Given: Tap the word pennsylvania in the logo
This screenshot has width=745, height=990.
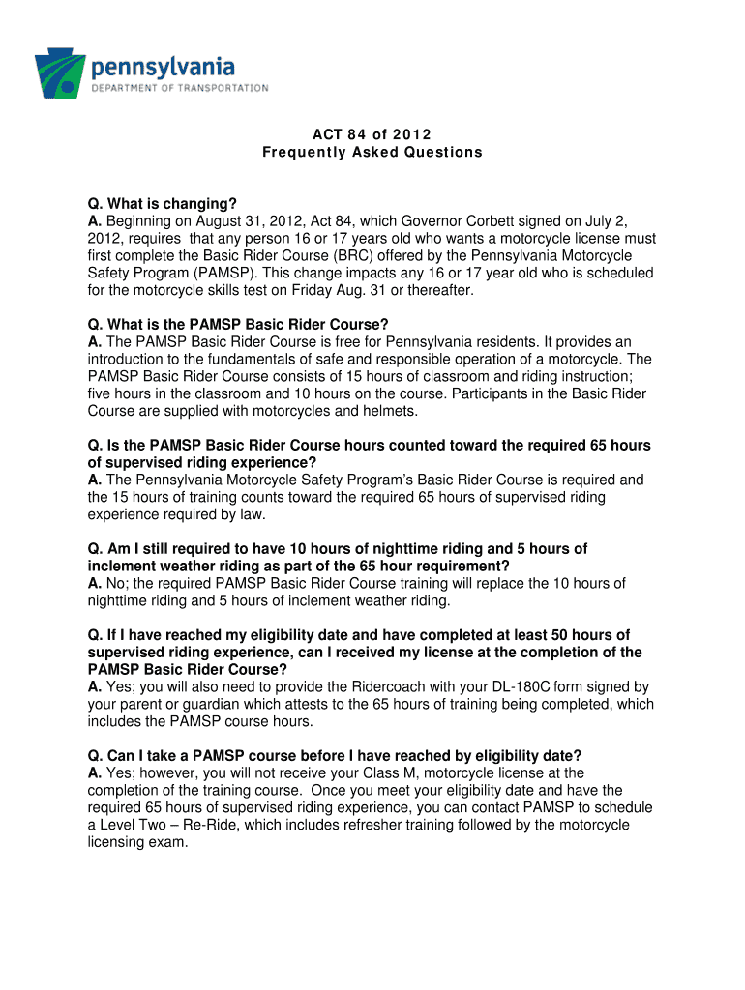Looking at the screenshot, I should tap(164, 68).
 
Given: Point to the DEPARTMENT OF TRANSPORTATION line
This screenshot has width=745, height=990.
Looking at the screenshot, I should tap(180, 88).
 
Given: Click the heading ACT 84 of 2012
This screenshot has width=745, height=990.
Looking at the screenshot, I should tap(372, 133).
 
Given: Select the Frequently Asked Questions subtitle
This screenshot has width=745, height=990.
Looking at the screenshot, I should tap(372, 153).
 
